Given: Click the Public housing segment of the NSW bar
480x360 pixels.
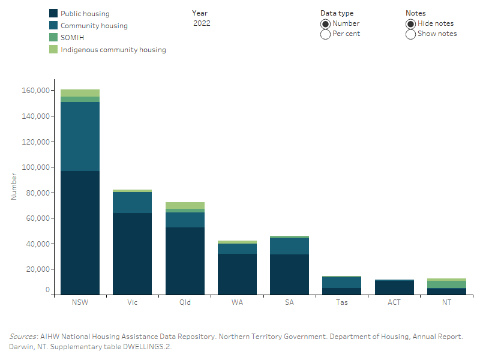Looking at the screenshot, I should pyautogui.click(x=80, y=233).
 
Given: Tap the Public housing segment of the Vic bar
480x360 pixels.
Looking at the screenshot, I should pyautogui.click(x=132, y=254).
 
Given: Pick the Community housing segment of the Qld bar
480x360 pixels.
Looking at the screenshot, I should pyautogui.click(x=185, y=220).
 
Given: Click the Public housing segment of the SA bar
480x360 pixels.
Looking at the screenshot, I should pyautogui.click(x=290, y=274).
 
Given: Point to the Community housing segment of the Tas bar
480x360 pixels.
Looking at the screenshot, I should pyautogui.click(x=342, y=282).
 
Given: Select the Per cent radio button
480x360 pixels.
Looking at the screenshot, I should pyautogui.click(x=325, y=34).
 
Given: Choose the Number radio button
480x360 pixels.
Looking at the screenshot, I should pyautogui.click(x=325, y=23).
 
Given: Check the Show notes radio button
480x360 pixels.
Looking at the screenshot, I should pyautogui.click(x=410, y=34).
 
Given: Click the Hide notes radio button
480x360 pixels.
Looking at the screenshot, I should pyautogui.click(x=410, y=23).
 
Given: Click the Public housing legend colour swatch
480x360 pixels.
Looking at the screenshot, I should pyautogui.click(x=53, y=13).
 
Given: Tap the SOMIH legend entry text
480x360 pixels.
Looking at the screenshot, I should pyautogui.click(x=72, y=38).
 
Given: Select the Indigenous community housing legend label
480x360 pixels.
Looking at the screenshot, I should pyautogui.click(x=113, y=50).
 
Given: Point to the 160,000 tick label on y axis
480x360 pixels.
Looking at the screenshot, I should pyautogui.click(x=37, y=91).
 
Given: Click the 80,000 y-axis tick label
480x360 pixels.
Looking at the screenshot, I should pyautogui.click(x=38, y=193).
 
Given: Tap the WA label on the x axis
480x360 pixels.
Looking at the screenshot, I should pyautogui.click(x=237, y=302).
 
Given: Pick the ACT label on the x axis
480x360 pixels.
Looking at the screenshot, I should pyautogui.click(x=394, y=302).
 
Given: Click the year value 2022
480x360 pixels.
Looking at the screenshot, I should pyautogui.click(x=202, y=23).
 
